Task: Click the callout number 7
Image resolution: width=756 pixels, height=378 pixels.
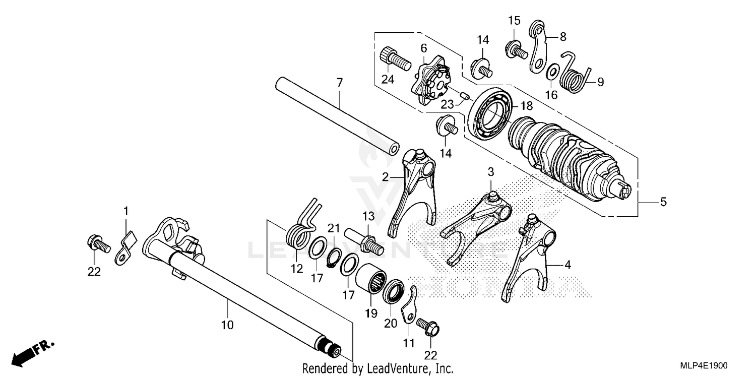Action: [x=340, y=82]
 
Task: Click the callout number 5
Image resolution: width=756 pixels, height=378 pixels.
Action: [x=663, y=202]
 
